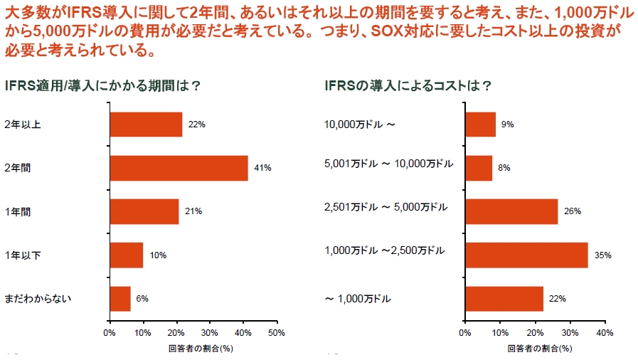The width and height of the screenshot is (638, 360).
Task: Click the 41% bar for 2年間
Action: (x=179, y=168)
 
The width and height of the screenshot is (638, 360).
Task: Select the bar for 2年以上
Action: (x=146, y=125)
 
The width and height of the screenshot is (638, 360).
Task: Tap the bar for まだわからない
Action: (x=120, y=299)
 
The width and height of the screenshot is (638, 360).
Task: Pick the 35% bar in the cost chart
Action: (x=526, y=255)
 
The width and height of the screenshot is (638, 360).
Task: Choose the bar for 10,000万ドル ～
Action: (x=480, y=125)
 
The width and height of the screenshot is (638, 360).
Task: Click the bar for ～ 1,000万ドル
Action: (x=504, y=299)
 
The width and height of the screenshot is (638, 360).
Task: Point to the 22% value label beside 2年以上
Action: (x=197, y=125)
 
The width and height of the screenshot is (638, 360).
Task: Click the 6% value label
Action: (x=142, y=299)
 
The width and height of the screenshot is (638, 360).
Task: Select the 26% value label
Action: (x=573, y=211)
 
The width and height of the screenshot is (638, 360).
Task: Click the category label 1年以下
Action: (x=23, y=255)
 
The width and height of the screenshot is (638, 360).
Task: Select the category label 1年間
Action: (x=19, y=211)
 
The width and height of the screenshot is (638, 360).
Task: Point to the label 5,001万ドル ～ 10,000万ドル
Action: (x=388, y=164)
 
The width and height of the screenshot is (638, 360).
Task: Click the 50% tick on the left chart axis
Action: (x=276, y=332)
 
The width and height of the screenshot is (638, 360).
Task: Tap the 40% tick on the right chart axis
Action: (x=604, y=332)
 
